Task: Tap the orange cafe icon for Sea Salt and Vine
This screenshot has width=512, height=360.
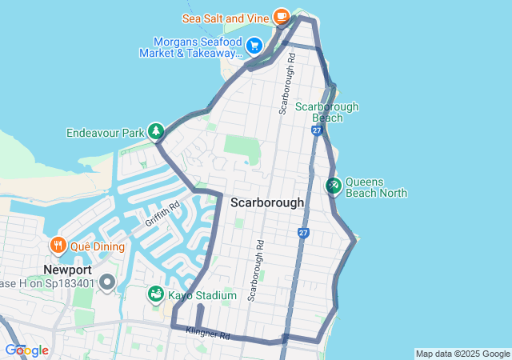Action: [281, 15]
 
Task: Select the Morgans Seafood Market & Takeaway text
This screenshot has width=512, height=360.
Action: [190, 47]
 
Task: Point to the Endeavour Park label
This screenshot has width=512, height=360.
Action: [104, 132]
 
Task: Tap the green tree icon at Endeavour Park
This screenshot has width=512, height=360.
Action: [155, 131]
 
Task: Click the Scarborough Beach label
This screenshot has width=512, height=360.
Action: [326, 112]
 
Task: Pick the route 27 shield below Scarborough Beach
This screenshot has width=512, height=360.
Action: [318, 130]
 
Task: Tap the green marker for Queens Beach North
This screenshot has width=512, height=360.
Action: [334, 186]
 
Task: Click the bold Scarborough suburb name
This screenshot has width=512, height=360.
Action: [267, 202]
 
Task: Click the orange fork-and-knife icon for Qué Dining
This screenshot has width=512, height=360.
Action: [58, 245]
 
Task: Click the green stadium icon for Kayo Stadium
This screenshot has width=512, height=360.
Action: [155, 295]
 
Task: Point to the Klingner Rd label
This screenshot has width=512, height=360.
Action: [207, 332]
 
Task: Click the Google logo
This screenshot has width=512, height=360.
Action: [26, 350]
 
